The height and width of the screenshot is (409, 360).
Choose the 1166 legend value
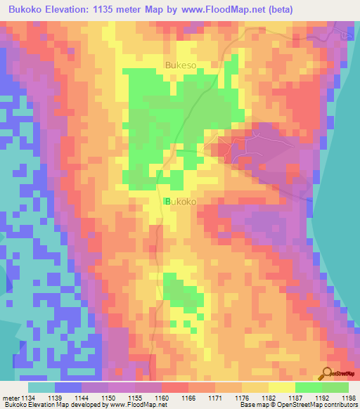point(189,398)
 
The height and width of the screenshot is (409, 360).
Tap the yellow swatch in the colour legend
point(282,388)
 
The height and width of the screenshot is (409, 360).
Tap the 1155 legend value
point(136,398)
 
